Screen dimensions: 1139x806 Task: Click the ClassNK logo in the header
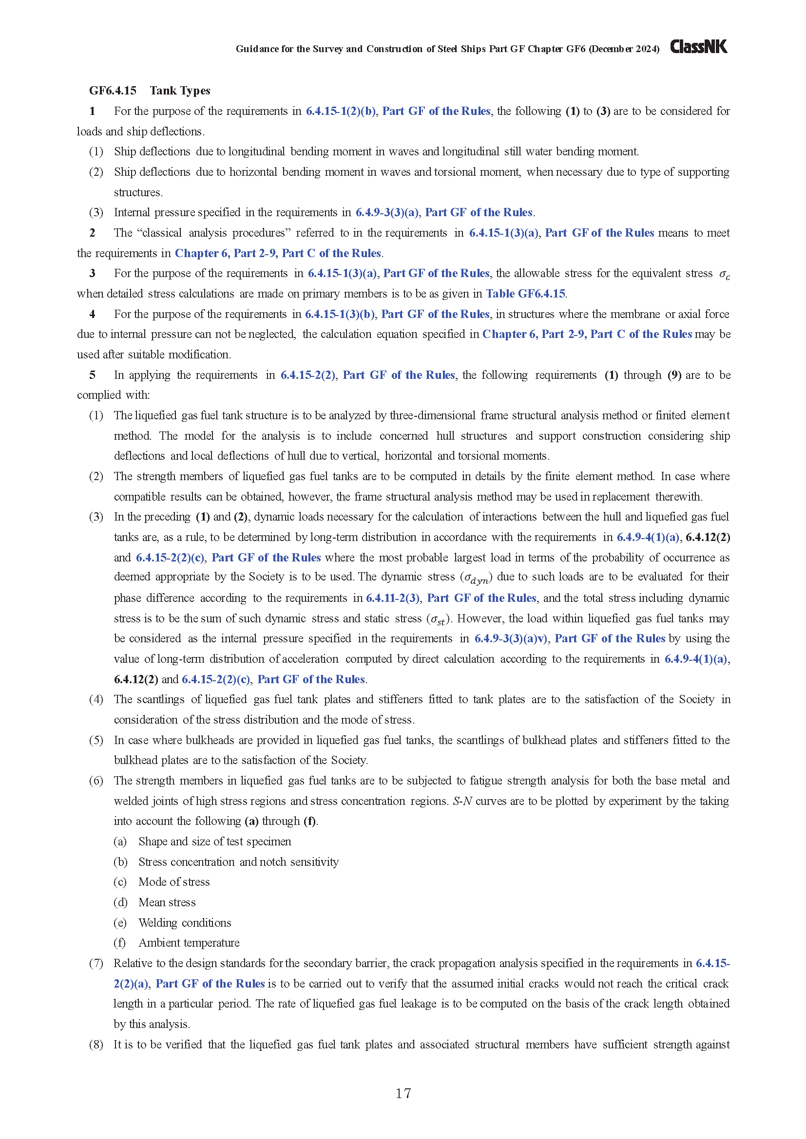pos(698,47)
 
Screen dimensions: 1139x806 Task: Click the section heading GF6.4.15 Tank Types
pos(150,90)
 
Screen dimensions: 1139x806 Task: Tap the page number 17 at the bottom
pos(403,1093)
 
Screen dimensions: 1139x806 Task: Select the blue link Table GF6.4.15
pos(525,294)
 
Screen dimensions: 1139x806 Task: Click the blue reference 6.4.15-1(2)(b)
pos(341,111)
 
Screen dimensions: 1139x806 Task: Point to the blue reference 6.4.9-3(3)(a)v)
pos(511,638)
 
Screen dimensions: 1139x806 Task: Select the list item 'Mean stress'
pos(167,902)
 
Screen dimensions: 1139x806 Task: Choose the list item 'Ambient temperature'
pos(189,943)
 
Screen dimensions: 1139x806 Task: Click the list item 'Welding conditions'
pos(185,923)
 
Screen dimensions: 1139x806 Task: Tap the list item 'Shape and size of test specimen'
pos(214,841)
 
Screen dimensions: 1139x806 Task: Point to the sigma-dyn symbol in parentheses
pos(476,578)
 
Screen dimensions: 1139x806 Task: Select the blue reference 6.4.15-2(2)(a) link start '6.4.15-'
pos(713,963)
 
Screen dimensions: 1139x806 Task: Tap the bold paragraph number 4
pos(92,314)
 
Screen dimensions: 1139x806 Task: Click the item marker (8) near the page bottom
pos(96,1045)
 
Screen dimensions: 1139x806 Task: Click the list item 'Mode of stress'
pos(173,882)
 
